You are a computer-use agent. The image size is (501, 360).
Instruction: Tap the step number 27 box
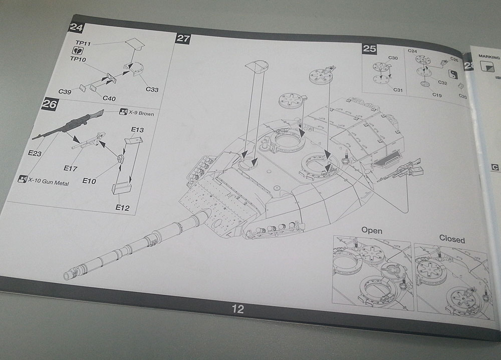182,38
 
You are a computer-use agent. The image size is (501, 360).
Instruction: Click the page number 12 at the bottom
238,309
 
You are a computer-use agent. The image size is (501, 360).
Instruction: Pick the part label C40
109,98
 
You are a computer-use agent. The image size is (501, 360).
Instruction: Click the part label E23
35,153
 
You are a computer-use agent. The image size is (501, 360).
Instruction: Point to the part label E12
122,207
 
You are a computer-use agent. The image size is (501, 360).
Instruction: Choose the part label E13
137,130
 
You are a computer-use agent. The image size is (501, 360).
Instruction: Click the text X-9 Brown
141,114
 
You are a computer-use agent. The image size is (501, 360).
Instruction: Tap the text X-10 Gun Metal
48,183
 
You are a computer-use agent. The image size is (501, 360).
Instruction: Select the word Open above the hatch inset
372,231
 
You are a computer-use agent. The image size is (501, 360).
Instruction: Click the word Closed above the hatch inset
452,239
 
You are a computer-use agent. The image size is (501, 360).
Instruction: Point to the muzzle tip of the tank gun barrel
67,275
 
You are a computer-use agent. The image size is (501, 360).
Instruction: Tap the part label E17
70,169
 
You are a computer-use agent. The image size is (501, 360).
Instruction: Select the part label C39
65,91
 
